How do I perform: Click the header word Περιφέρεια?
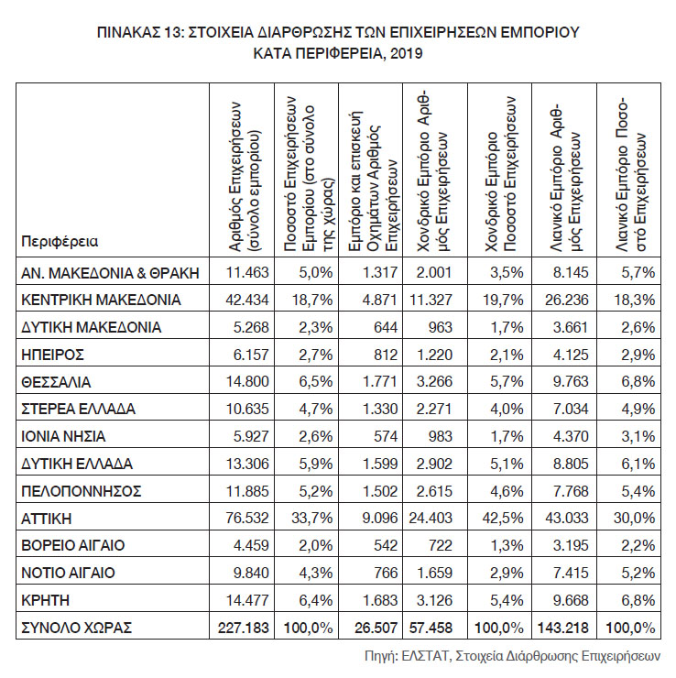pos(59,242)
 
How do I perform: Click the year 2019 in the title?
pos(407,54)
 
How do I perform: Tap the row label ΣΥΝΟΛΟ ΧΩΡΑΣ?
pos(76,628)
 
